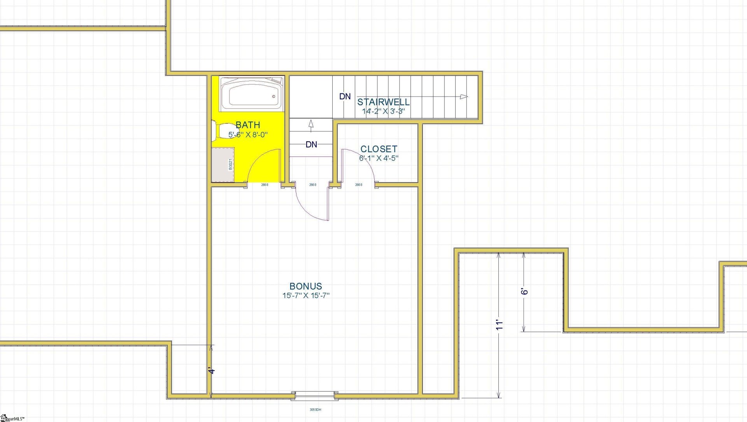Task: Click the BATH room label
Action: point(248,125)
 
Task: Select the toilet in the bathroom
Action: point(222,132)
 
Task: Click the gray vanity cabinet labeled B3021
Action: point(223,164)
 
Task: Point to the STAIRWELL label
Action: point(383,102)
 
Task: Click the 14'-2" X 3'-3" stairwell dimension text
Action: point(383,111)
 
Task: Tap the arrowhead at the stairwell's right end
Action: point(463,97)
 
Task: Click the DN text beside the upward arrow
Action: point(311,144)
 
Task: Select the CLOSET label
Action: point(379,149)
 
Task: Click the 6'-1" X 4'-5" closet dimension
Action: point(379,158)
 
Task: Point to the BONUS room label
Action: point(306,286)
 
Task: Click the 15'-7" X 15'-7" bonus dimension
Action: point(306,295)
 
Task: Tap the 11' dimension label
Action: point(499,325)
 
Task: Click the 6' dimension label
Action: point(524,291)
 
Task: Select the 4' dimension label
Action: point(211,371)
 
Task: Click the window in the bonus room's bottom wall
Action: point(315,396)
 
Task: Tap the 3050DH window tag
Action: point(315,410)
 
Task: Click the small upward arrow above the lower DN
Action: point(311,124)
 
